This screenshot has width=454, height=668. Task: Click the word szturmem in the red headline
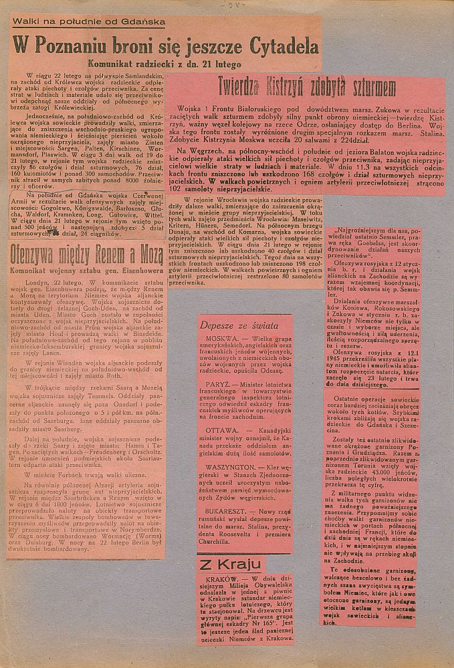tap(364, 87)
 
